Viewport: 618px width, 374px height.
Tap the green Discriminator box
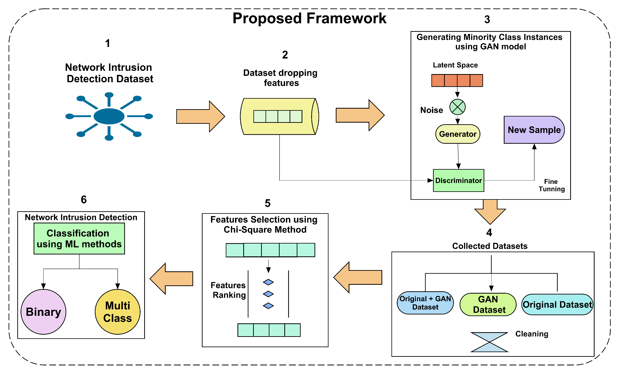[458, 181]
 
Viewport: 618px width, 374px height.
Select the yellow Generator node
[458, 134]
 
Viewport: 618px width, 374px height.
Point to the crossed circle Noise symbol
[458, 107]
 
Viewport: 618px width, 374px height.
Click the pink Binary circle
[43, 312]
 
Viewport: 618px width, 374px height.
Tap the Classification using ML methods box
[79, 239]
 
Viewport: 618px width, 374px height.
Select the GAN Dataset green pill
[488, 305]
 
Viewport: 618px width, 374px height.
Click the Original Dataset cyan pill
[557, 305]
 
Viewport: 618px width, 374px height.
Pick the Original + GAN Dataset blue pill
[425, 303]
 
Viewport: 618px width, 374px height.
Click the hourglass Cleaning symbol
[489, 342]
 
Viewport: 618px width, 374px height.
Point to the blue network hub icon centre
[109, 116]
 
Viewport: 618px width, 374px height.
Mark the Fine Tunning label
[552, 185]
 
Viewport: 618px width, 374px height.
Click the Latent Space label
[455, 65]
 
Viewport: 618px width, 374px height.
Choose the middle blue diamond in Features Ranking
[268, 294]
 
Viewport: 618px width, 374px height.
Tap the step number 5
[268, 203]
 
